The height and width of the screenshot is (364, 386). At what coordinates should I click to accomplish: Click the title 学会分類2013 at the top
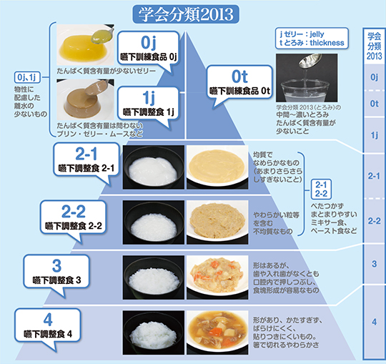point(186,14)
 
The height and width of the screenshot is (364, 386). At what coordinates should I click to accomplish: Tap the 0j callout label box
point(149,49)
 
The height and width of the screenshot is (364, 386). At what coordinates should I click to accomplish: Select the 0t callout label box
point(239,82)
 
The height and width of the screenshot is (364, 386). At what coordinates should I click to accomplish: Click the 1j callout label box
point(148,104)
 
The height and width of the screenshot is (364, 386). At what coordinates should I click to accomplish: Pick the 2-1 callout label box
point(86,159)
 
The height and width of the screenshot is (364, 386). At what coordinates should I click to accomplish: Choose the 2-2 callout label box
point(73,217)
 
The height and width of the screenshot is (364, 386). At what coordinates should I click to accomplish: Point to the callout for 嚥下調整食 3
point(56,272)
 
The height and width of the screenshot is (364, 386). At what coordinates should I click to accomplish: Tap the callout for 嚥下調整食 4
point(48,325)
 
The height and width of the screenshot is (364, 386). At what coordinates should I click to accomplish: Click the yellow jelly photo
point(86,45)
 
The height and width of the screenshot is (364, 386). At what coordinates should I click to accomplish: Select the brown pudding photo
point(86,99)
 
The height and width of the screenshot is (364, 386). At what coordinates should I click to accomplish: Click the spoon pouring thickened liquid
point(310,61)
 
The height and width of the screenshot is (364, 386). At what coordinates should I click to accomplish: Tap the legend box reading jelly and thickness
point(312,38)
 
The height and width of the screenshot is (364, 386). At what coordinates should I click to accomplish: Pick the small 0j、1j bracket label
point(27,77)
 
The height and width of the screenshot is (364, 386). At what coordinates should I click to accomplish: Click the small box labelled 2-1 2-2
point(321,189)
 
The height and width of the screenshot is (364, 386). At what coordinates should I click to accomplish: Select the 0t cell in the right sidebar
point(374,104)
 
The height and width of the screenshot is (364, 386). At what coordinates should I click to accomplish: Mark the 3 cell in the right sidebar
point(374,264)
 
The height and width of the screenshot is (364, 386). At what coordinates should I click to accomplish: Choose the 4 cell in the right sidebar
point(374,321)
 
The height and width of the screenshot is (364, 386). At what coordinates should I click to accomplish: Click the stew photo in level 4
point(217,333)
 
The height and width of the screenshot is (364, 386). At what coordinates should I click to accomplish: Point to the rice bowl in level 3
point(154,277)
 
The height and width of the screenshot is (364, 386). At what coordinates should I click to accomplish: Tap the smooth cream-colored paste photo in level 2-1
point(217,167)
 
